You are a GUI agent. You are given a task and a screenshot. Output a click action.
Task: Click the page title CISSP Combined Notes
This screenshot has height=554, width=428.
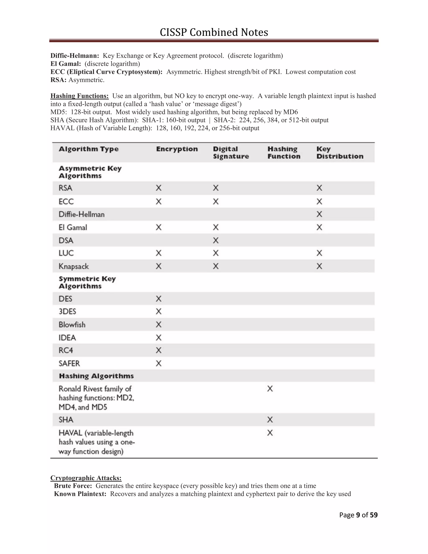pos(214,32)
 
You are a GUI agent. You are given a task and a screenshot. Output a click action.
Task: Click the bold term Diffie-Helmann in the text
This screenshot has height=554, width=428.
pos(75,56)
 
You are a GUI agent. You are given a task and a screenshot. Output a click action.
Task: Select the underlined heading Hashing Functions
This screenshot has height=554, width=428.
pos(79,96)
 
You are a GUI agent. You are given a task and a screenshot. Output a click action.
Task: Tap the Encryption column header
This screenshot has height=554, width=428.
pos(177,149)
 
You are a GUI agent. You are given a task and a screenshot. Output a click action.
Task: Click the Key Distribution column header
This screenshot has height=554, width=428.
pos(340,152)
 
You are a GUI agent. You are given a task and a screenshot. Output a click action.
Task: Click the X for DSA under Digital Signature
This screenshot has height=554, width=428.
pos(215,240)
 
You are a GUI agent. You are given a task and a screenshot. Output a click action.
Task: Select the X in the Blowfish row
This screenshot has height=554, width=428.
pos(158,324)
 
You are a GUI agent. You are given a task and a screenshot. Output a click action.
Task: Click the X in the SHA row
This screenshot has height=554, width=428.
pos(270,420)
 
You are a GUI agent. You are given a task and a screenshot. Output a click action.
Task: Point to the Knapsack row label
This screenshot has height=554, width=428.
pos(74,266)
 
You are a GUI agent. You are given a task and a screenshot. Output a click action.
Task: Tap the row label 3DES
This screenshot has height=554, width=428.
pos(67,311)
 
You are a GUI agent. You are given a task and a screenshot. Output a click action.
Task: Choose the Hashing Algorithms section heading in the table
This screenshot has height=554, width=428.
pos(96,376)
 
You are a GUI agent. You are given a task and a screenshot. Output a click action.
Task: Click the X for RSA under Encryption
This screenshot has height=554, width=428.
pos(158,188)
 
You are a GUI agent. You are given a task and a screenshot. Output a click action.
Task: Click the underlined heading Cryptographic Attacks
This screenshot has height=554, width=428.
pos(86,478)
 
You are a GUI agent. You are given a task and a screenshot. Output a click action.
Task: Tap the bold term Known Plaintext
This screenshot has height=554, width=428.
pos(80,494)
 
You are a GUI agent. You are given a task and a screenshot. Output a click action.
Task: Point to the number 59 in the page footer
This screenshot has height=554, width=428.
pos(373,515)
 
